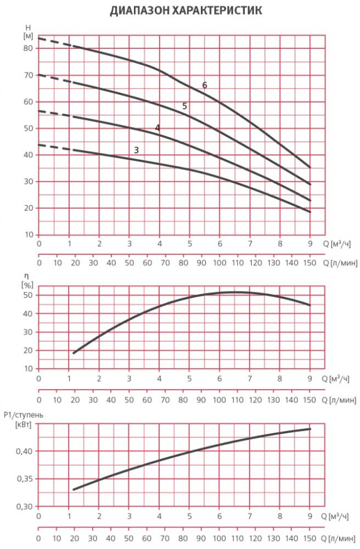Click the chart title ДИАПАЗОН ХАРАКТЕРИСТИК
(185, 11)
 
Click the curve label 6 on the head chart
(205, 85)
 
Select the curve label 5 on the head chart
(185, 106)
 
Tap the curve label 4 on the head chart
(157, 128)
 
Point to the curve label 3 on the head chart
(136, 150)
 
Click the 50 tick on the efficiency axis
(28, 295)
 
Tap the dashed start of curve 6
(55, 42)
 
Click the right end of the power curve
(310, 429)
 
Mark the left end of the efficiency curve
(74, 353)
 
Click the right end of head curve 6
(310, 167)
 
